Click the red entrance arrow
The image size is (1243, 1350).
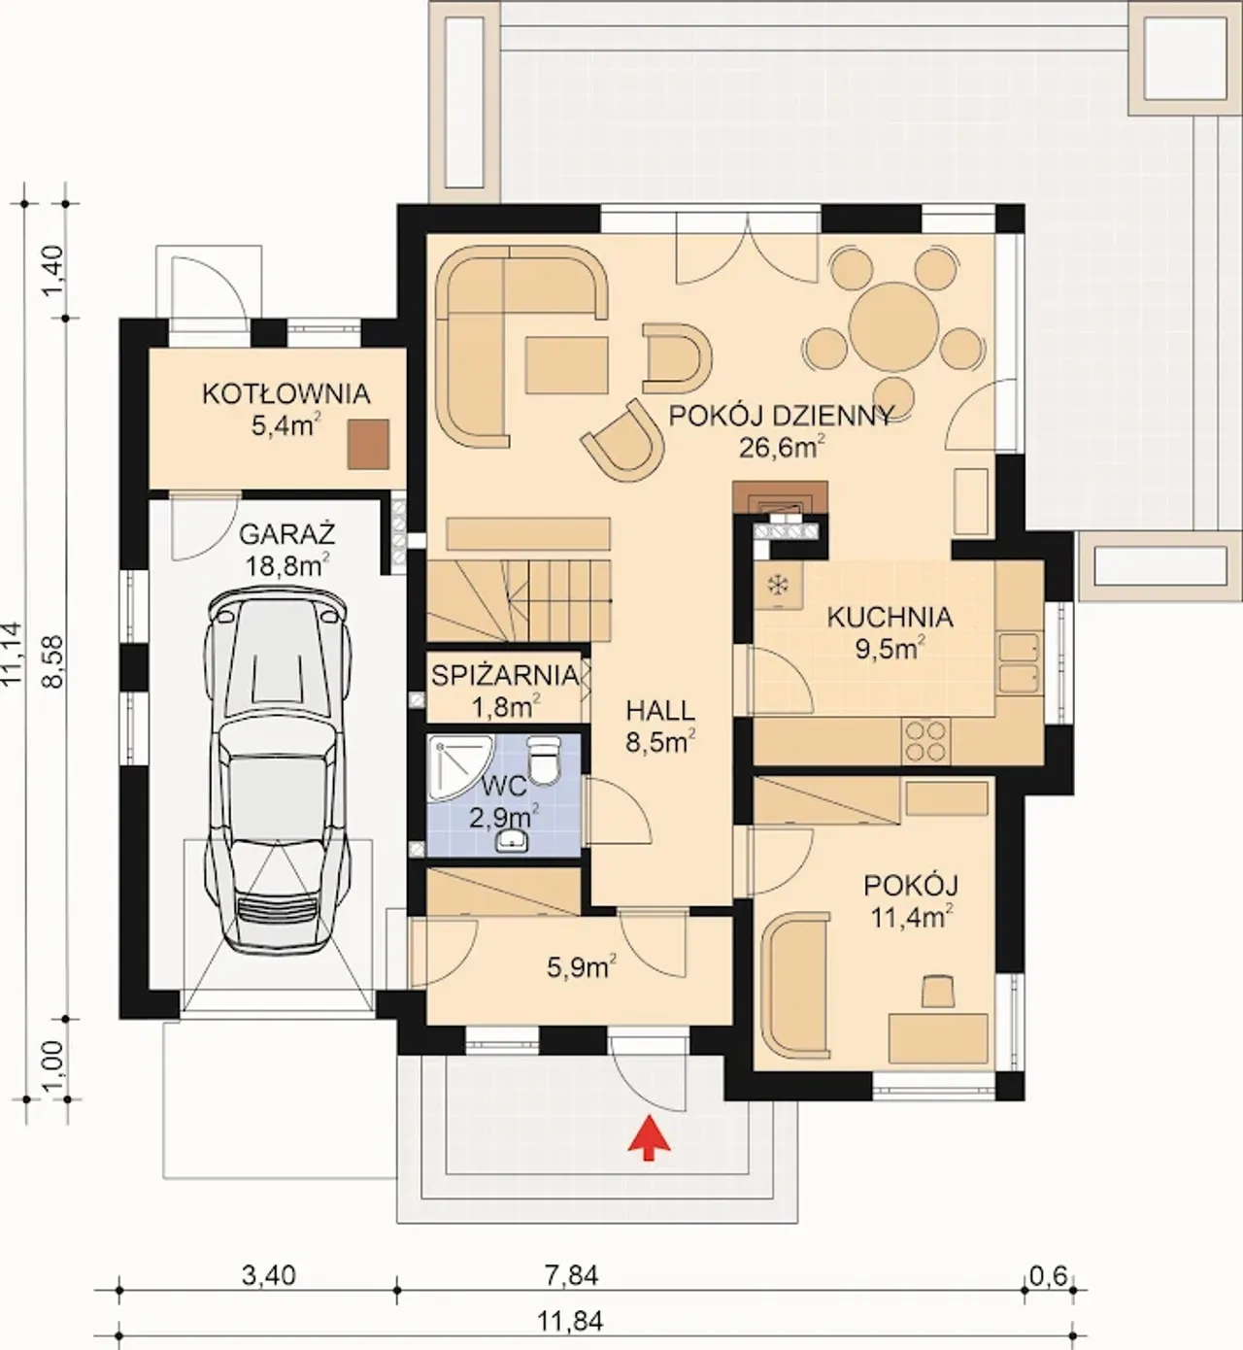point(649,1137)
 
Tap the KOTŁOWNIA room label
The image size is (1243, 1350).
point(286,393)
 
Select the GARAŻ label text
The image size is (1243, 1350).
point(286,535)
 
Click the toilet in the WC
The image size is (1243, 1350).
point(544,759)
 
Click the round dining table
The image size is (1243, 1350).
point(893,325)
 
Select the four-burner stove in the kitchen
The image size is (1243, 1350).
point(926,740)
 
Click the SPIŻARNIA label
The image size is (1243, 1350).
point(505,675)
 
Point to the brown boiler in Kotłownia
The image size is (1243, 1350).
point(368,444)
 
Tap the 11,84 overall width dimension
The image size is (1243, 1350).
point(570,1321)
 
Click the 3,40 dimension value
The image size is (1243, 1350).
point(269,1274)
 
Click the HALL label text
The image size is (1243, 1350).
point(660,711)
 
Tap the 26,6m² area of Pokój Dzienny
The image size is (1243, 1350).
point(782,446)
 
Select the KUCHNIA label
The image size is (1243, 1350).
point(890,617)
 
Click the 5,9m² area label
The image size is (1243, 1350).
point(582,967)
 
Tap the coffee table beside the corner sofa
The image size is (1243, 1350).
point(567,365)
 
